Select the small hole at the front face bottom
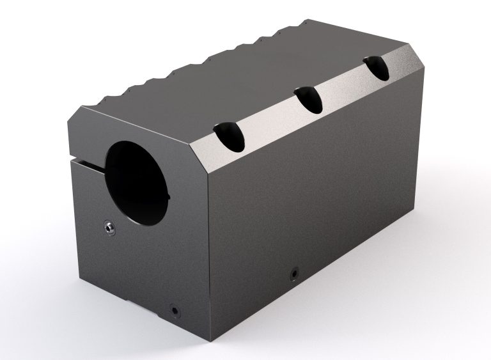pos(174,310)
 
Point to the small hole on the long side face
pos(293,273)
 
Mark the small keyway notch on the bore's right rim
pos(168,194)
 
